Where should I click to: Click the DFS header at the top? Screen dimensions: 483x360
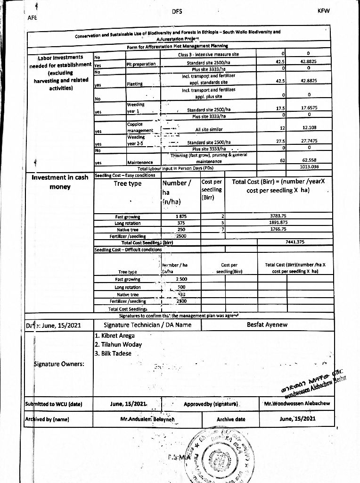pos(177,11)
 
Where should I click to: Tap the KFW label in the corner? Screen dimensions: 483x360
pos(324,11)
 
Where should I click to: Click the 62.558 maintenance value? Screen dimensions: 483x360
pos(309,160)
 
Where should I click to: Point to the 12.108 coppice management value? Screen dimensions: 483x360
pos(309,128)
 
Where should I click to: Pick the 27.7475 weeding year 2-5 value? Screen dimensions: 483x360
pos(309,141)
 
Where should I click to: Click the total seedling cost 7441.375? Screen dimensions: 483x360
pos(295,242)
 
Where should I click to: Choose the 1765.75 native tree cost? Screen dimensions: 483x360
pos(278,229)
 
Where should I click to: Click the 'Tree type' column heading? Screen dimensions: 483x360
pos(128,183)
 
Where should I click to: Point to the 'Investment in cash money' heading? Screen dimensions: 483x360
pos(60,182)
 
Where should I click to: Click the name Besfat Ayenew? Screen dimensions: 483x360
pos(267,325)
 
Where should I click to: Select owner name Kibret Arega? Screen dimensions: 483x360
pos(115,335)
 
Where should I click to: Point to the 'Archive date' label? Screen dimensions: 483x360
pos(231,419)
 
